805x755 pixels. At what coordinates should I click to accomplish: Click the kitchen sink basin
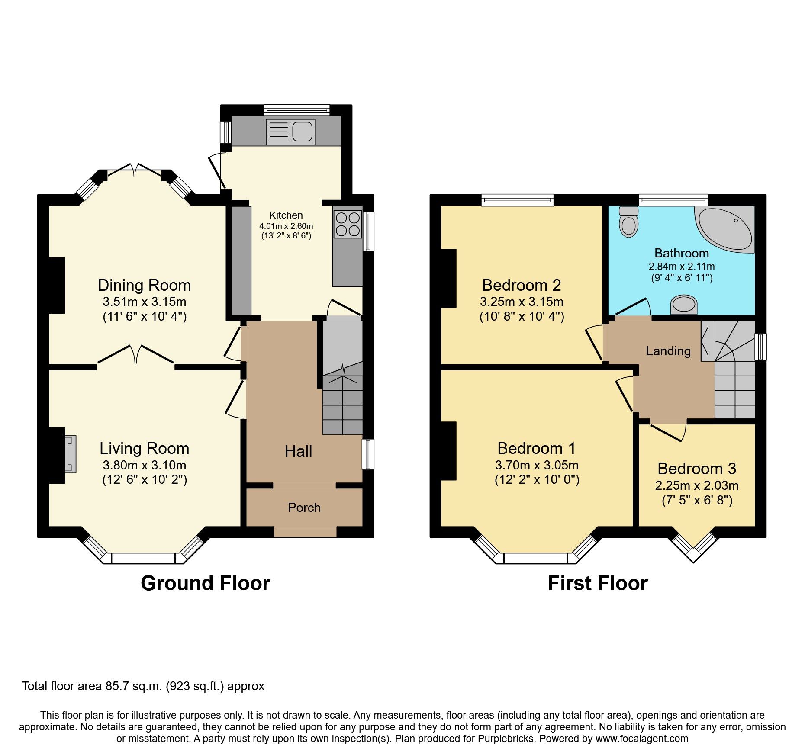302,132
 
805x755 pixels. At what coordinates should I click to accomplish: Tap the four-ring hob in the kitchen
348,224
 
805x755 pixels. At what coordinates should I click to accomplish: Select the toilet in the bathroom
628,222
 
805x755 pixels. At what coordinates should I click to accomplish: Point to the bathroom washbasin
684,304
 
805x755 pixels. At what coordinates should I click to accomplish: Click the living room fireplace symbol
71,454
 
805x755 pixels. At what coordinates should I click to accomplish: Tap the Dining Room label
144,286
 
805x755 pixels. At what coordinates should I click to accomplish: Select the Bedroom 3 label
697,469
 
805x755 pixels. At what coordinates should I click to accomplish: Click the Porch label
304,508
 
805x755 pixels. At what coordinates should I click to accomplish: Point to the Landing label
668,351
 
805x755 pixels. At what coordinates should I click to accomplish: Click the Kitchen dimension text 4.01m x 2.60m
286,226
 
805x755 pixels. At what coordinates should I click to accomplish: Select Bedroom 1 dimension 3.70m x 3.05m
537,465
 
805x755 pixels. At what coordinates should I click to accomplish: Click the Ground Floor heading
205,583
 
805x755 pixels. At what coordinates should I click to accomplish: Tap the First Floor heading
597,583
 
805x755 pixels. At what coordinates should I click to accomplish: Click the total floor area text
143,686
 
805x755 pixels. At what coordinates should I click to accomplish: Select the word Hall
298,452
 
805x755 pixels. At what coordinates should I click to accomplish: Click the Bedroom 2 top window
517,199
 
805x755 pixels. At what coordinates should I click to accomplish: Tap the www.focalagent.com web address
641,739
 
